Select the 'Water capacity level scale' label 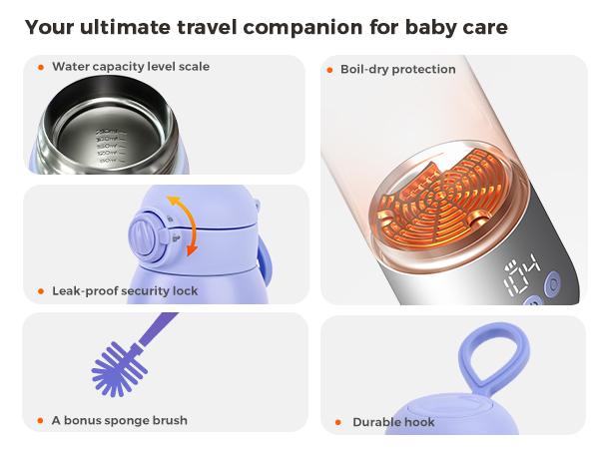[131, 67]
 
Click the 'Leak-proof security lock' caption [125, 291]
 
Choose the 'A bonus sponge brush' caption [119, 420]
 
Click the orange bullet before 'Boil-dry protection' [330, 70]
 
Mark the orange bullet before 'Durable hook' [339, 422]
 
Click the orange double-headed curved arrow [183, 224]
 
